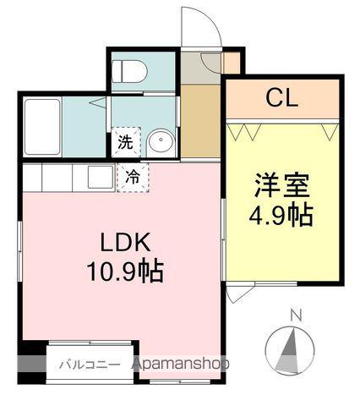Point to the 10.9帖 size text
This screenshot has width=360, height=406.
pyautogui.click(x=125, y=272)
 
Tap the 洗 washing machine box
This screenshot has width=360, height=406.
pyautogui.click(x=124, y=142)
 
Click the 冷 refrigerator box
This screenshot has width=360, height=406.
pyautogui.click(x=133, y=177)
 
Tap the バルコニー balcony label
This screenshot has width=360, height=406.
pyautogui.click(x=83, y=365)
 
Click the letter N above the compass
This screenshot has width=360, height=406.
pyautogui.click(x=295, y=316)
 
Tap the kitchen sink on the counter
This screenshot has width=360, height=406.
pyautogui.click(x=100, y=176)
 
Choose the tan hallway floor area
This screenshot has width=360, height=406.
pyautogui.click(x=200, y=118)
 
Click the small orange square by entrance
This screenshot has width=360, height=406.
pyautogui.click(x=231, y=63)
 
